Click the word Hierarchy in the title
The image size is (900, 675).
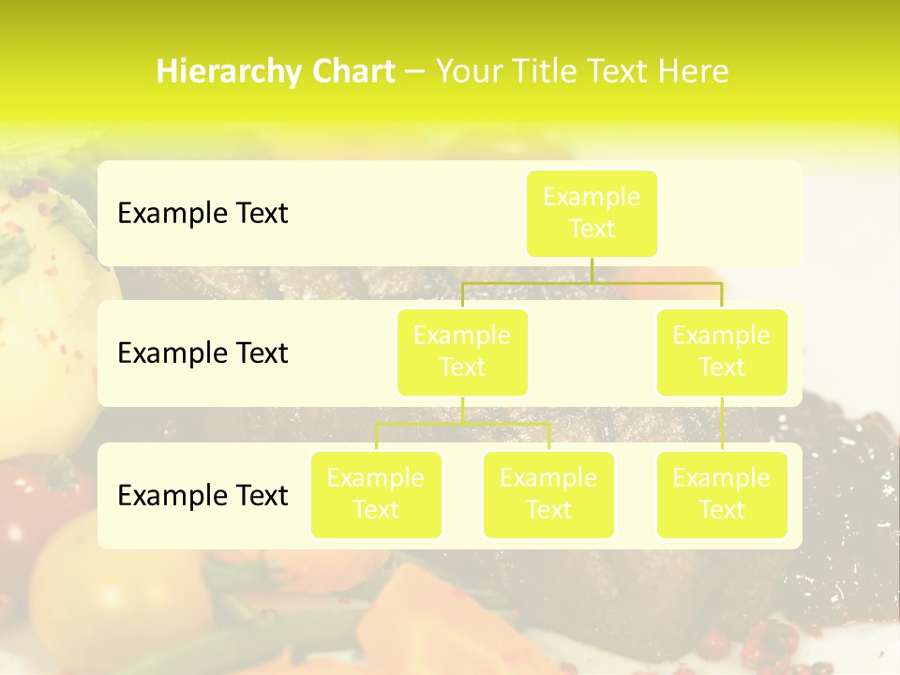tap(214, 71)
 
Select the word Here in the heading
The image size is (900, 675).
tap(694, 71)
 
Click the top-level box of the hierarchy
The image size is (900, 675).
tap(592, 213)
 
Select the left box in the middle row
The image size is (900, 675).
tap(462, 352)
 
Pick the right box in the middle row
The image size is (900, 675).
tap(722, 352)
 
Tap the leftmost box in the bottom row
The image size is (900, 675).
tap(376, 494)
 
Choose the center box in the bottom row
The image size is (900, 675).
tap(548, 494)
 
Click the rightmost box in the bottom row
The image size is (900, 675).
tap(722, 494)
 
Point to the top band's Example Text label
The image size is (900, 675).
tap(202, 213)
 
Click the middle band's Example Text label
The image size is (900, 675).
tap(202, 352)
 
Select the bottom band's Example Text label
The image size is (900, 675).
tap(202, 495)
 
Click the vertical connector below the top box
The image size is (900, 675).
tap(592, 269)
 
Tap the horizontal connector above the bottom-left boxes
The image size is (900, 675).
tap(462, 424)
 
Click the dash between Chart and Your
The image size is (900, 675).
tap(415, 72)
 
